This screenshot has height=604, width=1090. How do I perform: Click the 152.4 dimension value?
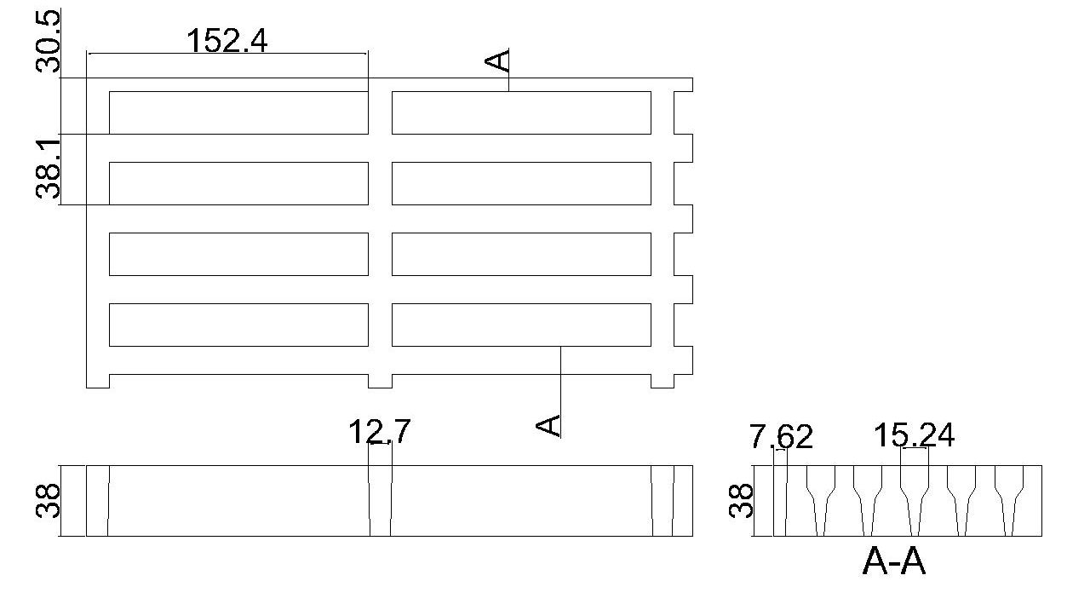(x=227, y=40)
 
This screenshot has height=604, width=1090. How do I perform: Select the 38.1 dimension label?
(x=49, y=167)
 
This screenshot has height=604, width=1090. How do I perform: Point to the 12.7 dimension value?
(x=379, y=432)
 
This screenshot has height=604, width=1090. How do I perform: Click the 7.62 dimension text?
(x=781, y=437)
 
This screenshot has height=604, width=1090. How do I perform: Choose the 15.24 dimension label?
(x=914, y=435)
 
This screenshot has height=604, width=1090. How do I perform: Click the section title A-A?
(x=893, y=562)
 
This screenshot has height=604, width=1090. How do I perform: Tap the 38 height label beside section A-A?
(x=742, y=501)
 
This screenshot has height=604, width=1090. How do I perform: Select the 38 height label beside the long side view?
(x=49, y=501)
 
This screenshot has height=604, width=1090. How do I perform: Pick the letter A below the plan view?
(x=550, y=424)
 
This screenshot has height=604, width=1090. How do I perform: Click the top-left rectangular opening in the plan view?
(x=238, y=112)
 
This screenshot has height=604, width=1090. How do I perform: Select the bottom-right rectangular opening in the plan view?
(x=521, y=325)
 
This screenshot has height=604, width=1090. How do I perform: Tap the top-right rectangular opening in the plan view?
(x=521, y=112)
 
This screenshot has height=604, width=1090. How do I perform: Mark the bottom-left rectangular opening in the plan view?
(x=238, y=325)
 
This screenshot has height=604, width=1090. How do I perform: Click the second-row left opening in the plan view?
(x=238, y=183)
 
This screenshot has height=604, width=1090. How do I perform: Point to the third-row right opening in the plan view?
(x=521, y=254)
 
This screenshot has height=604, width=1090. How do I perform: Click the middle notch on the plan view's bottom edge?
(x=380, y=381)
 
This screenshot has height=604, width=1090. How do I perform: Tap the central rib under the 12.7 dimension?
(x=380, y=501)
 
